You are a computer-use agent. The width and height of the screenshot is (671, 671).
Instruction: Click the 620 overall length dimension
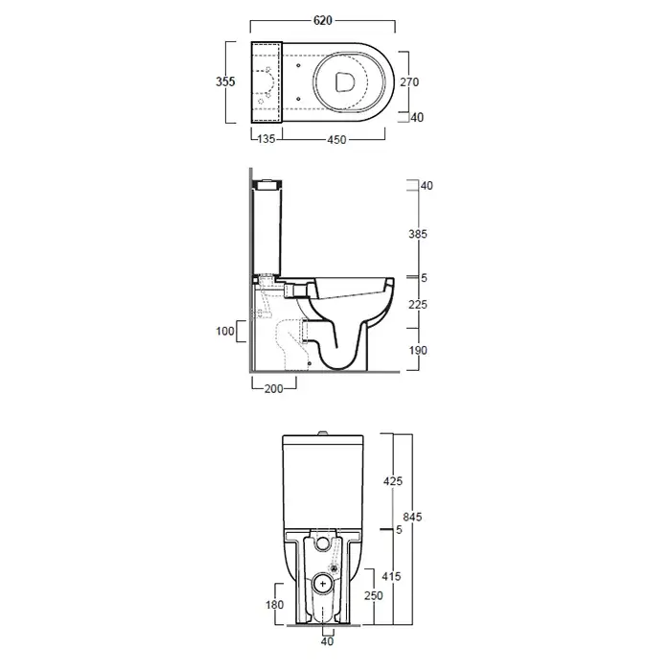323,20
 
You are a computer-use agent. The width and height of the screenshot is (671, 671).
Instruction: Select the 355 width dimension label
225,81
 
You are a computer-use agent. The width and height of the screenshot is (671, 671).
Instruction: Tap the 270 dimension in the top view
409,81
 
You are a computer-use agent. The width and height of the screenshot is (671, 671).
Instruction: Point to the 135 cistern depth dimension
266,139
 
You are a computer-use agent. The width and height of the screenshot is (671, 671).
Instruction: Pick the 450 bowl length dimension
336,140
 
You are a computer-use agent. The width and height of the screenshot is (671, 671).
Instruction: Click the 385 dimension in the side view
418,234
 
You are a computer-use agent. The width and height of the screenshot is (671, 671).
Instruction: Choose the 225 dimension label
418,304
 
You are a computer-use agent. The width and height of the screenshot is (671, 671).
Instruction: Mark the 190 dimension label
418,351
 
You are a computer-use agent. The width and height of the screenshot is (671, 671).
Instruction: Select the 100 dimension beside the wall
225,331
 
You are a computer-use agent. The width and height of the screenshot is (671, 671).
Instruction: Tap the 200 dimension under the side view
274,388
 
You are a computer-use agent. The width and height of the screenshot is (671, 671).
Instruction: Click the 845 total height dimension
412,517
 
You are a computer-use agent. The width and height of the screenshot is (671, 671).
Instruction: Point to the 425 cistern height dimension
393,481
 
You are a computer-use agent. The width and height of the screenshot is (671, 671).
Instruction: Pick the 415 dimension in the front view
391,576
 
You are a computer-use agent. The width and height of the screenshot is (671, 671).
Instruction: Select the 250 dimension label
374,595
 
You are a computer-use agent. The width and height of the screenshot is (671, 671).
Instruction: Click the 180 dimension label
274,605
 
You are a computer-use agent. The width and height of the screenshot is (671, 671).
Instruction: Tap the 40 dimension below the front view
327,641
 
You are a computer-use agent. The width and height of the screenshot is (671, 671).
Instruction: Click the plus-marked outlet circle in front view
323,584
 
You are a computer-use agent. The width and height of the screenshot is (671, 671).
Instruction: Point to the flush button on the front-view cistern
323,432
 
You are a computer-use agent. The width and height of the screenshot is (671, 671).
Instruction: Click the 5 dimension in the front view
399,530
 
